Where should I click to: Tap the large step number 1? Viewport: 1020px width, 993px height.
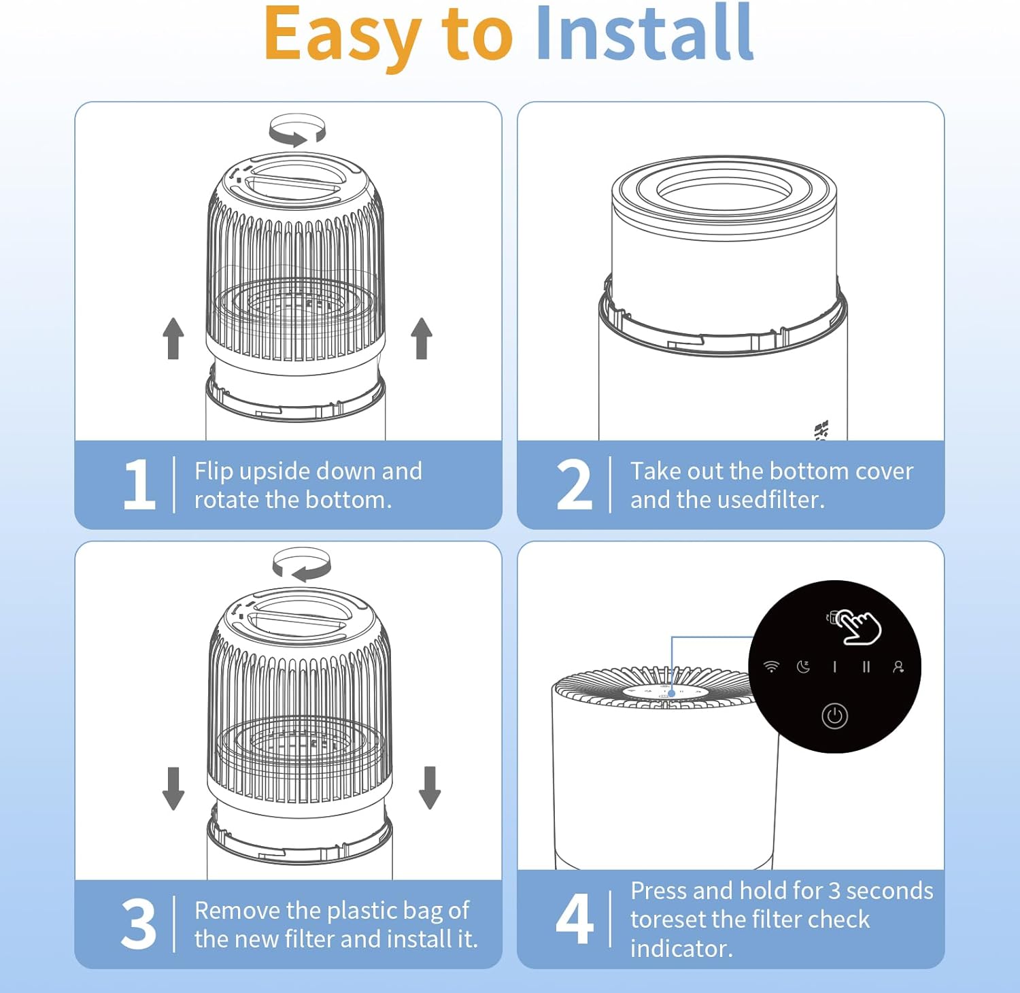(x=139, y=484)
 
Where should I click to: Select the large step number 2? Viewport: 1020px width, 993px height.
(x=575, y=484)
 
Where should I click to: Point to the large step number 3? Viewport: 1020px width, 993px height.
(x=139, y=924)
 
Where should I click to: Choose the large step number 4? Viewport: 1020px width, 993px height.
(x=575, y=919)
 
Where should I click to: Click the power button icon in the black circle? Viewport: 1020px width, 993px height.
(x=834, y=716)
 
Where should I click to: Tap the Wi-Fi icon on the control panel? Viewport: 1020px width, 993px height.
(x=771, y=667)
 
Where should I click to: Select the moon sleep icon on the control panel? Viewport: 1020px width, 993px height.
(x=803, y=667)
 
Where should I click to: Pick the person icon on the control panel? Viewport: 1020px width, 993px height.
(x=898, y=667)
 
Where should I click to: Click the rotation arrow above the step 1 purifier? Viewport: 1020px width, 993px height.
(x=297, y=130)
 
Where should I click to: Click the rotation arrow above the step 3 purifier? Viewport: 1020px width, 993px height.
(x=302, y=565)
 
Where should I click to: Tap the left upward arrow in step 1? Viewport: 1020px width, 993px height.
(x=173, y=338)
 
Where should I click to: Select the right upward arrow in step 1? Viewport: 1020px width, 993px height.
(x=422, y=338)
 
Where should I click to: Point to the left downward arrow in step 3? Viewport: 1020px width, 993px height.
(x=173, y=788)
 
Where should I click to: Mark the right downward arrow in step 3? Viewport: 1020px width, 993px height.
(x=430, y=788)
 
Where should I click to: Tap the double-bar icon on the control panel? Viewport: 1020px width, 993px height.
(x=866, y=667)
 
